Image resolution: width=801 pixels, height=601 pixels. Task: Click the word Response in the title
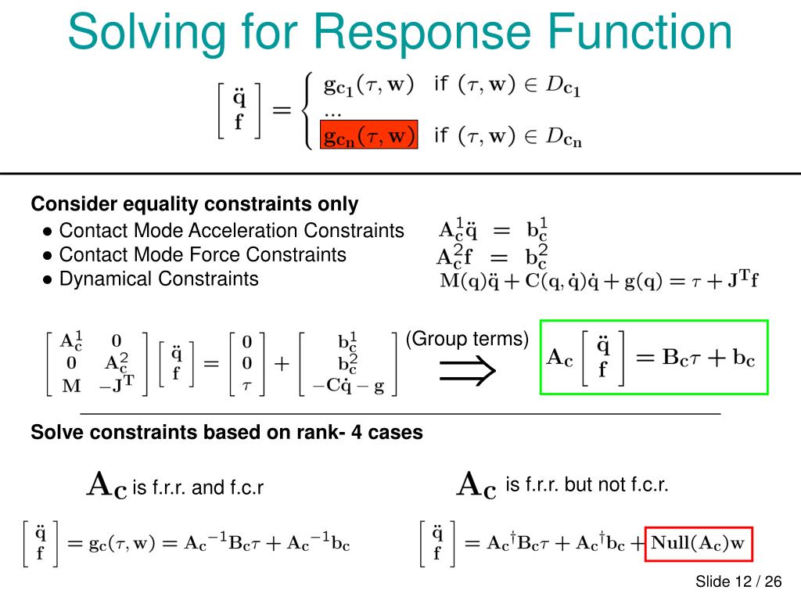pyautogui.click(x=433, y=33)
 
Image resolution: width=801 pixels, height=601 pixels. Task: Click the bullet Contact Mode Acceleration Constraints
pyautogui.click(x=232, y=231)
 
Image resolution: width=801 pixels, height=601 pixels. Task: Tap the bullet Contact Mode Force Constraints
pyautogui.click(x=203, y=254)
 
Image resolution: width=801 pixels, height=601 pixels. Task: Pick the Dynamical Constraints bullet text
pyautogui.click(x=159, y=279)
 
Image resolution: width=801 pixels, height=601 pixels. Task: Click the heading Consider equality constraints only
pyautogui.click(x=194, y=204)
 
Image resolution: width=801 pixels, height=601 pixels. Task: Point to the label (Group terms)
pyautogui.click(x=467, y=340)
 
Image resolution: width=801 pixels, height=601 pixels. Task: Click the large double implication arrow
pyautogui.click(x=468, y=370)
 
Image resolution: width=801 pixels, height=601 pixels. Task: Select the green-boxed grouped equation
pyautogui.click(x=654, y=357)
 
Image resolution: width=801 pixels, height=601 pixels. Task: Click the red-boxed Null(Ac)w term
pyautogui.click(x=698, y=543)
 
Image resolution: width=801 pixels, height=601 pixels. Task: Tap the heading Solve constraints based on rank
pyautogui.click(x=226, y=432)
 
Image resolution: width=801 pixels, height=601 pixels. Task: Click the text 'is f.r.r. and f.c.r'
pyautogui.click(x=198, y=488)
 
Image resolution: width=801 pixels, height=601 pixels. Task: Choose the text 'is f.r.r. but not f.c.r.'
pyautogui.click(x=587, y=485)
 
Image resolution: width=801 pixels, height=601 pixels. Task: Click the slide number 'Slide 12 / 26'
pyautogui.click(x=738, y=581)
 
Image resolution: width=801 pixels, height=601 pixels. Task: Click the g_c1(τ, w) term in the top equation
pyautogui.click(x=369, y=85)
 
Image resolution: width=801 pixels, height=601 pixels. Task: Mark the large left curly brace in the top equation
pyautogui.click(x=308, y=110)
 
